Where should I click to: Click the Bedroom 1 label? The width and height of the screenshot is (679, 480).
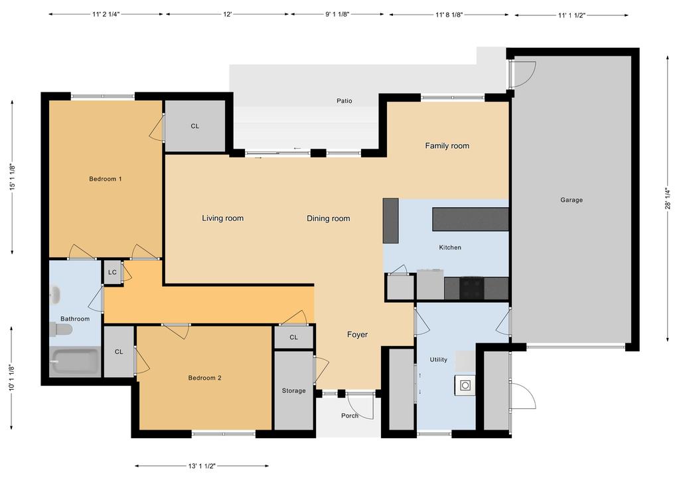tap(106, 179)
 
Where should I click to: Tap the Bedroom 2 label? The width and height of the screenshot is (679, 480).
tap(204, 378)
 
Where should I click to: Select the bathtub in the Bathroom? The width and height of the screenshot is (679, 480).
tap(75, 362)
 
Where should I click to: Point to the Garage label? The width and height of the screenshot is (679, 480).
tap(571, 200)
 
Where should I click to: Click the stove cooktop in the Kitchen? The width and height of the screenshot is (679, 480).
tap(472, 288)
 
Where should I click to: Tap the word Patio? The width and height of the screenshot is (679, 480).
tap(344, 102)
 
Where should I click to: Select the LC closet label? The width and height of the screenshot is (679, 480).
tap(112, 272)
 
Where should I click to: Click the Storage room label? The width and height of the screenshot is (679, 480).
tap(293, 390)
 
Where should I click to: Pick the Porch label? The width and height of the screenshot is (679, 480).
tap(350, 416)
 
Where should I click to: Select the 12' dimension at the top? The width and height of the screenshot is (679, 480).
tap(227, 14)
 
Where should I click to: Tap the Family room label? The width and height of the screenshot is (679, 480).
tap(447, 146)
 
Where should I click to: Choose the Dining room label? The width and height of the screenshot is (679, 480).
tap(328, 218)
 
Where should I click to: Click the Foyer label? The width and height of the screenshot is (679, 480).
tap(357, 335)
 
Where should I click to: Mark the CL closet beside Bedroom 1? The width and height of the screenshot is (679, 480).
tap(194, 126)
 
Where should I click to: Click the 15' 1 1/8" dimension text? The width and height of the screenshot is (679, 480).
tap(13, 177)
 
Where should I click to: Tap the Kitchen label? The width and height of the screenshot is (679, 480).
tap(449, 248)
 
